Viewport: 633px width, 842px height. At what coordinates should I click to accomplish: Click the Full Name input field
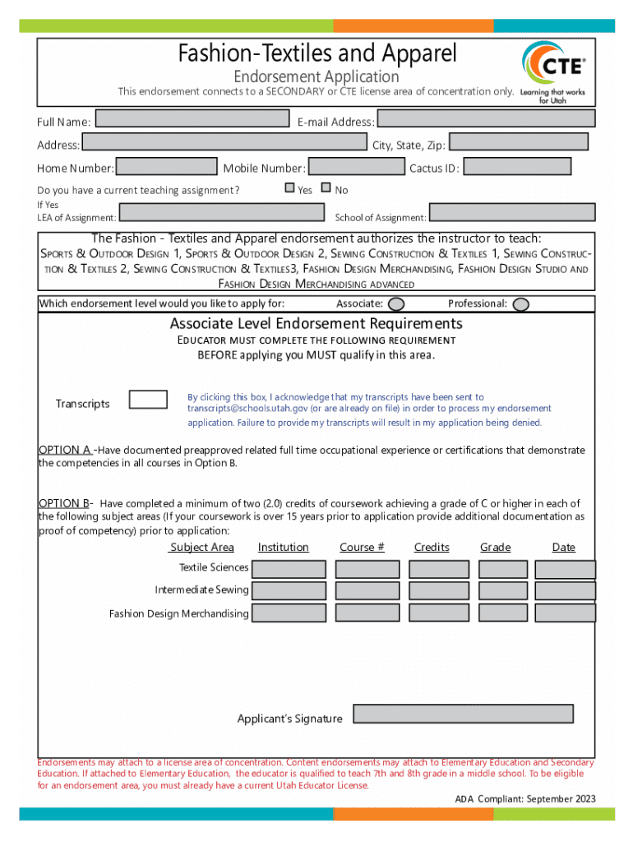[x=192, y=119]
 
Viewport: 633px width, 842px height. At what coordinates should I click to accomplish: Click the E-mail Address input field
[x=485, y=119]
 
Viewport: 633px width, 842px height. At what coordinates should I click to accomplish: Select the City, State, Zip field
[x=518, y=142]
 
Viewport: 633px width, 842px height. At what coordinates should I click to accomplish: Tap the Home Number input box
[x=165, y=167]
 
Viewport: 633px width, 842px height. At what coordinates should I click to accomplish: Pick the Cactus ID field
[x=517, y=167]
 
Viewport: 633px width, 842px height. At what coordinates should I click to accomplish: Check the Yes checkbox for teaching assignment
[x=289, y=188]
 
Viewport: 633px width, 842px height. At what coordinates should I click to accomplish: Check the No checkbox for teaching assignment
[x=326, y=188]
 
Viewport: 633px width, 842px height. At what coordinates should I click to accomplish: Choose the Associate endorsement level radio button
[x=395, y=304]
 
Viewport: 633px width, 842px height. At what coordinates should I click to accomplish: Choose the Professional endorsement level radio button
[x=520, y=304]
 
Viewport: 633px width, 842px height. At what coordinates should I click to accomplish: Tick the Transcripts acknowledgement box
[x=149, y=400]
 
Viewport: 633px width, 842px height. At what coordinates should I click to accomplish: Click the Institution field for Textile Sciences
[x=289, y=569]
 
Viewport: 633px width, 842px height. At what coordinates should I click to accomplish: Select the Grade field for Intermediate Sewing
[x=503, y=591]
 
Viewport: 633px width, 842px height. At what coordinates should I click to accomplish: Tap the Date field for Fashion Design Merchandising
[x=565, y=613]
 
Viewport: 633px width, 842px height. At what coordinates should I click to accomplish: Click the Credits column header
[x=432, y=548]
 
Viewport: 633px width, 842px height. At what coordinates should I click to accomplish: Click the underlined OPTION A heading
[x=65, y=450]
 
